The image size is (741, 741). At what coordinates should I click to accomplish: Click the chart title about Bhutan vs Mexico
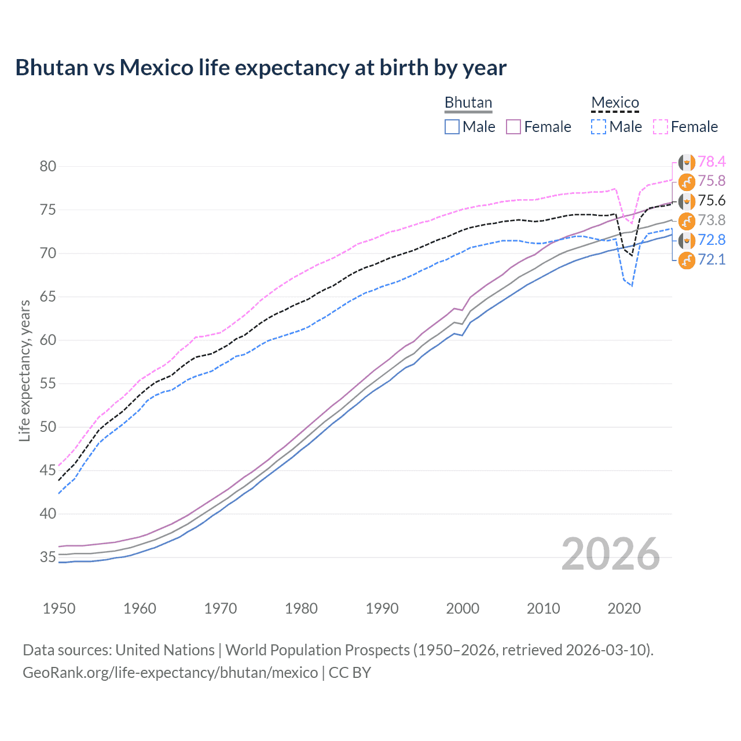(x=261, y=68)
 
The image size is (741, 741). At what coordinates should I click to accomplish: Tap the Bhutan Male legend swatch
(x=452, y=127)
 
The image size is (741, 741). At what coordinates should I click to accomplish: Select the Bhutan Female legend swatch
(x=513, y=127)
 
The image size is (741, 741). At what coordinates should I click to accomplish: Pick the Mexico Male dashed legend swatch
(x=599, y=127)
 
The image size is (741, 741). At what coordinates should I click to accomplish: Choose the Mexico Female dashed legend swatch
(x=661, y=127)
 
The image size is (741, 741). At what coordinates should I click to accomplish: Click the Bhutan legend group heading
(x=468, y=102)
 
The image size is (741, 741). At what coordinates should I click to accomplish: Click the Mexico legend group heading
(x=615, y=102)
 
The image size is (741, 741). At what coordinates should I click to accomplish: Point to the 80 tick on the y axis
(x=48, y=167)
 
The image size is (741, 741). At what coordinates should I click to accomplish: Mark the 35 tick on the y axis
(x=48, y=557)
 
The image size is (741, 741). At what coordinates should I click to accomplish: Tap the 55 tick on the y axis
(x=48, y=384)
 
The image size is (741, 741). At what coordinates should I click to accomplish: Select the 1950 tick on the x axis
(x=59, y=608)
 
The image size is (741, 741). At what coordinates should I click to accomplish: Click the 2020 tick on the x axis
(x=624, y=608)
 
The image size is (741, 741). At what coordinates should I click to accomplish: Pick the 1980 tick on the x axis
(x=301, y=608)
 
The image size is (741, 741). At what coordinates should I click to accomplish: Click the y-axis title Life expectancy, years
(x=24, y=370)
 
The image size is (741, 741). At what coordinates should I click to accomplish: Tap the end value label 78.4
(x=711, y=162)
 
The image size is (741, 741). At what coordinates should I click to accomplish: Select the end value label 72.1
(x=711, y=259)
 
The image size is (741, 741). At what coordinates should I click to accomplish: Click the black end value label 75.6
(x=711, y=201)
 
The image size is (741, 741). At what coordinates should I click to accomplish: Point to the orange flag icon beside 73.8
(x=687, y=221)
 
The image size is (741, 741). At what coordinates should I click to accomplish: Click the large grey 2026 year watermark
(x=611, y=554)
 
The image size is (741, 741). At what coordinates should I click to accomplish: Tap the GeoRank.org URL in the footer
(x=170, y=673)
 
